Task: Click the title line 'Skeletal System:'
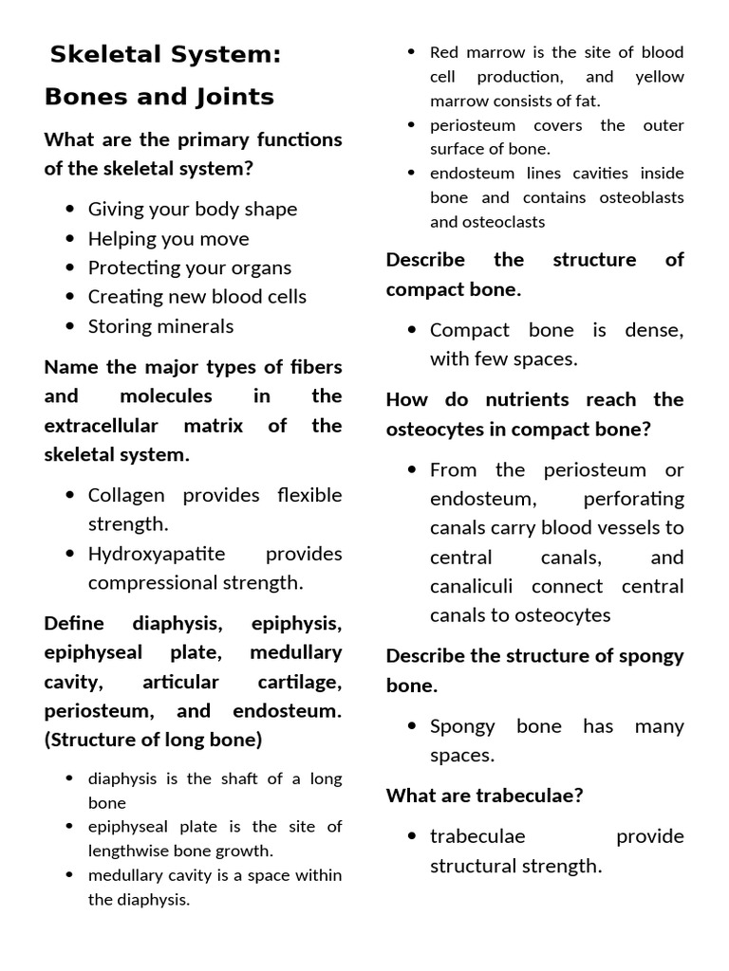pos(165,55)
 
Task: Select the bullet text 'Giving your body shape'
pos(193,209)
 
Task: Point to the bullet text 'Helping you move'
pos(168,238)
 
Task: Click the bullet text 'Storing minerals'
pos(160,325)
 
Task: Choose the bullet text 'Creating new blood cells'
pos(197,296)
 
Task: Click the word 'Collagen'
pos(126,494)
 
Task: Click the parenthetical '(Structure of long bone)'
pos(153,739)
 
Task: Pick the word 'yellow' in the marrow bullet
pos(659,76)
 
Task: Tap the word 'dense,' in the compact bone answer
pos(654,329)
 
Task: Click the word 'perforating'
pos(633,498)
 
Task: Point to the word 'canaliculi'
pos(475,586)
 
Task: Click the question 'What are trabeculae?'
pos(484,796)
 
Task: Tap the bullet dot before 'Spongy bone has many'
pos(412,726)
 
